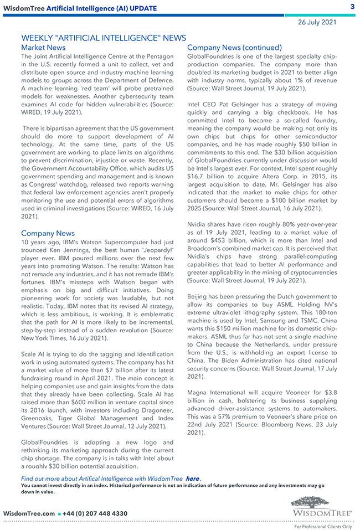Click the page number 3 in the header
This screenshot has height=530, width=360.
(352, 7)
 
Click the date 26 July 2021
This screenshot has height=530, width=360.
(317, 22)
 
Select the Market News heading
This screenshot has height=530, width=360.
(43, 48)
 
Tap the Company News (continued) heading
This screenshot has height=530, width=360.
(234, 48)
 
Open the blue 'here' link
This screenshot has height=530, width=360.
(192, 478)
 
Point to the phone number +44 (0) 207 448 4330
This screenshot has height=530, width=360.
(95, 514)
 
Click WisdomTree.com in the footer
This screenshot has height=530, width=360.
(29, 514)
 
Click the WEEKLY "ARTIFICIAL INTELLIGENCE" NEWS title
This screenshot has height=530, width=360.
(104, 38)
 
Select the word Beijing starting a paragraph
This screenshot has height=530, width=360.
(200, 297)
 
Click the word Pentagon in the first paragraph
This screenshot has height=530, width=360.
(158, 56)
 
